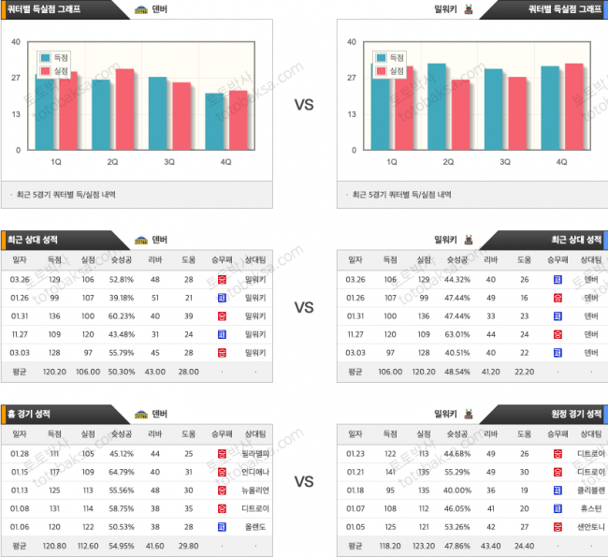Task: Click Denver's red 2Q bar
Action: tap(124, 110)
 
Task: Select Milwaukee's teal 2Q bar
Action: tap(437, 107)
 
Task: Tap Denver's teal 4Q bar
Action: tap(215, 122)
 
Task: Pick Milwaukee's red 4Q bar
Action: tap(574, 107)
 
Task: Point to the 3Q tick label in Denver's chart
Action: tap(169, 162)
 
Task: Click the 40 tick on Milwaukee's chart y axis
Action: tap(352, 42)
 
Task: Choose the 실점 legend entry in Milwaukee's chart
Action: tap(390, 70)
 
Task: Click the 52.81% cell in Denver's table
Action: tap(122, 279)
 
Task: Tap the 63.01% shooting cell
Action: tap(458, 333)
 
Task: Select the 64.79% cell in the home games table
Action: tap(122, 471)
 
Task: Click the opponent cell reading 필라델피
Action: tap(255, 453)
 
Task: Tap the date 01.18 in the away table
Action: tap(355, 489)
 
